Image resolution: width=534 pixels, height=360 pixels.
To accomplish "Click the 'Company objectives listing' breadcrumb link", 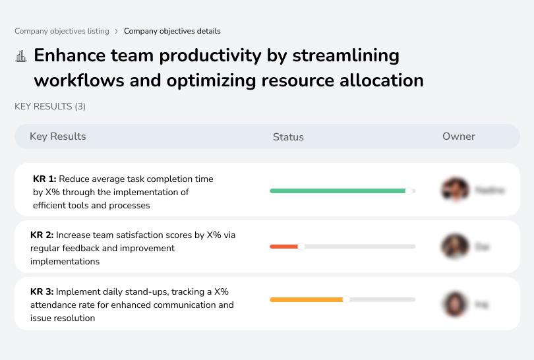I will pos(62,31).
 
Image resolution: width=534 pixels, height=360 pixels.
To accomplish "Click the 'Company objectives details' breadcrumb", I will pos(172,31).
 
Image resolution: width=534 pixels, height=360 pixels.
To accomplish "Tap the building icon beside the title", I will pos(21,56).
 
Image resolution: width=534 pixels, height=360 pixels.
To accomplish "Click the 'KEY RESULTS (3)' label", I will pos(50,106).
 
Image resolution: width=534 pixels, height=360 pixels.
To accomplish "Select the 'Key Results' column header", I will pos(58,136).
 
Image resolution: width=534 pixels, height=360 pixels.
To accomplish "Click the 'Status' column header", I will pos(288,137).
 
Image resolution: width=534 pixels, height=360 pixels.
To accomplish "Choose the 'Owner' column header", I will pos(459,136).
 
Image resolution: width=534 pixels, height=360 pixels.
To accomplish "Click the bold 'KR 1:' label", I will pos(45,179).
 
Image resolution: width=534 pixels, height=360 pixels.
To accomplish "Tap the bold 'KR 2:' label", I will pos(42,235).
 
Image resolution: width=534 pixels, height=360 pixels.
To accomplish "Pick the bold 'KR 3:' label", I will pos(42,291).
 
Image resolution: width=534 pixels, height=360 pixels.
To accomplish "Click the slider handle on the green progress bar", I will pos(409,191).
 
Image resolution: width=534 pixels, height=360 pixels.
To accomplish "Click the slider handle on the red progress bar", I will pos(301,247).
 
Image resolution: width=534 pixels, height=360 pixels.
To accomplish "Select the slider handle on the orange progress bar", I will pos(346,299).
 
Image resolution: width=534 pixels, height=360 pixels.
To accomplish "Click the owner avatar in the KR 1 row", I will pos(455,190).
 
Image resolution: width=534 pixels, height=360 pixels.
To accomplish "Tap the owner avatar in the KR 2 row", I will pos(455,247).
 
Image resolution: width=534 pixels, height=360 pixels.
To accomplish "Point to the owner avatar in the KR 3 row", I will pos(455,304).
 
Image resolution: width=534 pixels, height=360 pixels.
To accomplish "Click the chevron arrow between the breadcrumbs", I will pos(117,31).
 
